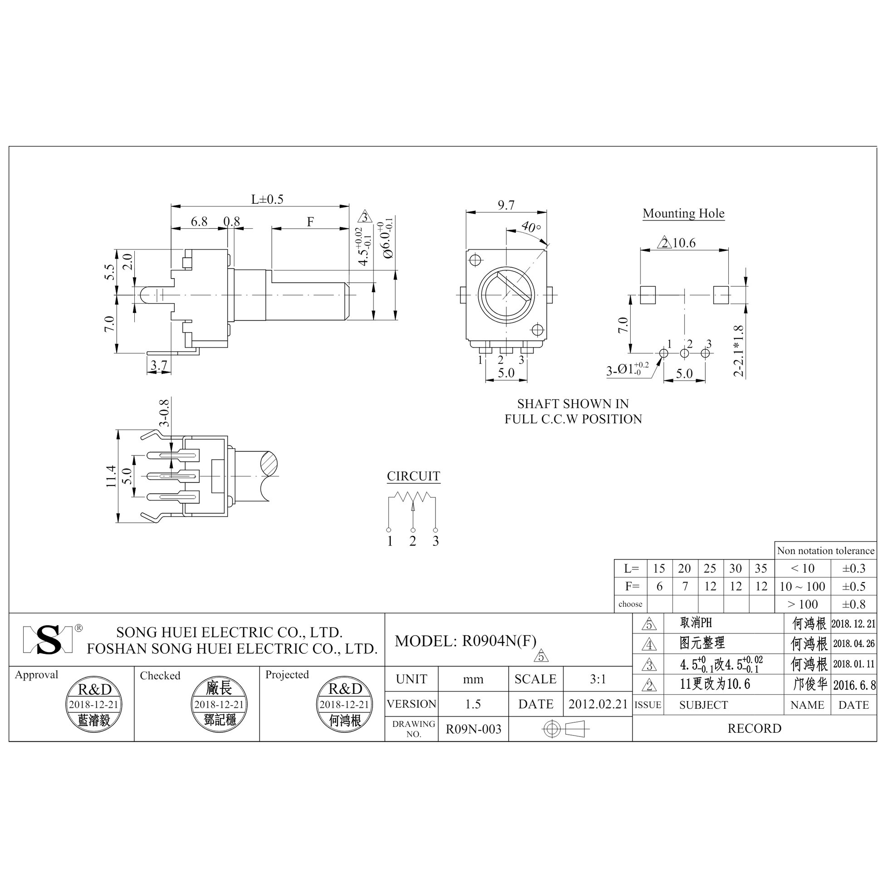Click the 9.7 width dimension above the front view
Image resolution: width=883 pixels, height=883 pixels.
(506, 205)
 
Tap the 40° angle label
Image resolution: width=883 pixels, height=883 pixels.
(531, 226)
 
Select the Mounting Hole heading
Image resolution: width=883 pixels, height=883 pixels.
(683, 213)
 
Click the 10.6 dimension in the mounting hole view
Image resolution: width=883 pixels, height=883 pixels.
(684, 243)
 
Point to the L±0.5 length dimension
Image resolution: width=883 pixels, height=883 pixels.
(267, 199)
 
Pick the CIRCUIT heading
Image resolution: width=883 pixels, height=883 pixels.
(413, 476)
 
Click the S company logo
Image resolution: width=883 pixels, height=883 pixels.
(48, 639)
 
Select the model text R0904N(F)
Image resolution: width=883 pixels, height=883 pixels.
(499, 641)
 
